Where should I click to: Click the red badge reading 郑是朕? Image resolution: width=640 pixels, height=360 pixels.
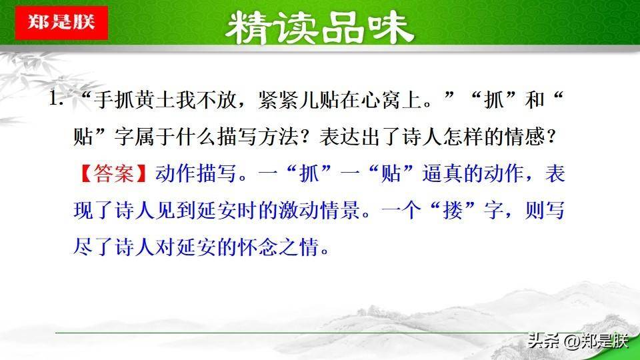tap(61, 23)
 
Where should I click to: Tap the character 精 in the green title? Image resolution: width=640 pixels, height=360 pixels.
tap(249, 28)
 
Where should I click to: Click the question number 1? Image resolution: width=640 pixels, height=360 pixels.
tap(55, 99)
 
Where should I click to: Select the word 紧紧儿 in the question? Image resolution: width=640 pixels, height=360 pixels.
tap(289, 100)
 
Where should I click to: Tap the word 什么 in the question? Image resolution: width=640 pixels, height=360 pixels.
tap(196, 137)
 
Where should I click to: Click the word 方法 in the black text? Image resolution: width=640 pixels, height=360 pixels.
tap(278, 137)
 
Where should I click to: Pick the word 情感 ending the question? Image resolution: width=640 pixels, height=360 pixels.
tap(525, 137)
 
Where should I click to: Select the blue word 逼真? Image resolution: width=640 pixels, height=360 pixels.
tap(443, 173)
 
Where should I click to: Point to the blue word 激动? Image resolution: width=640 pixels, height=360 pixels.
tap(299, 211)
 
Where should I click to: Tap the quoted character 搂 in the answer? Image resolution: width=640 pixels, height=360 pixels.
tap(453, 211)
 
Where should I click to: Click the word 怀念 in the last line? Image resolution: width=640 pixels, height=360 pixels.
tap(258, 247)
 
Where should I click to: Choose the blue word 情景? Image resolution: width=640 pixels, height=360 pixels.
tap(340, 211)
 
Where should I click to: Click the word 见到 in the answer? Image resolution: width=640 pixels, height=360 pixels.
tap(176, 211)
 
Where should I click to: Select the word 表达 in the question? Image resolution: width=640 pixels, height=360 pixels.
tap(340, 137)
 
